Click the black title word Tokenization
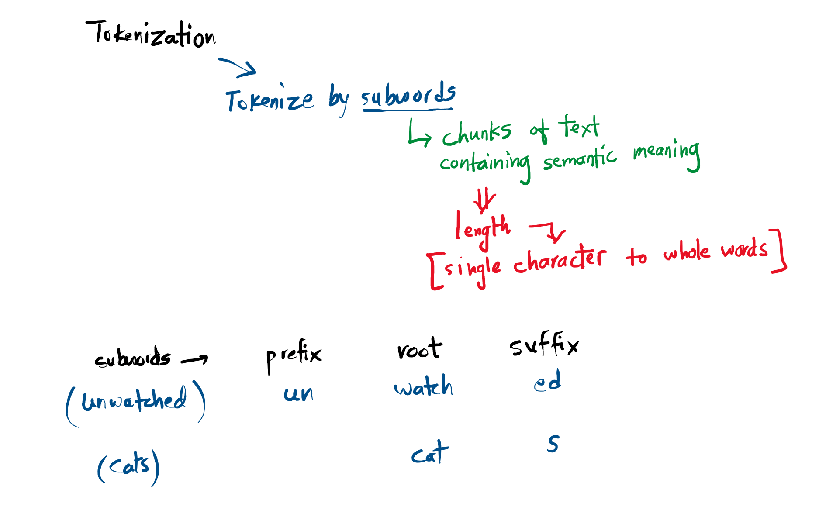(x=151, y=34)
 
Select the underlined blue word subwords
(x=408, y=95)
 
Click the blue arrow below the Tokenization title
(x=238, y=67)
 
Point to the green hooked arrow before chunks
(x=418, y=134)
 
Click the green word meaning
(x=666, y=153)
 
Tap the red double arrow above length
(x=484, y=200)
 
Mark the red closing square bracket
(x=779, y=251)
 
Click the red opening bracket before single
(x=435, y=271)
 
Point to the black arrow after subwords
(x=195, y=359)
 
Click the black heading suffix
(x=544, y=345)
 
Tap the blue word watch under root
(x=423, y=386)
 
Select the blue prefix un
(x=298, y=394)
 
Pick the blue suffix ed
(x=547, y=381)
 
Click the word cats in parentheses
(x=128, y=466)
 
